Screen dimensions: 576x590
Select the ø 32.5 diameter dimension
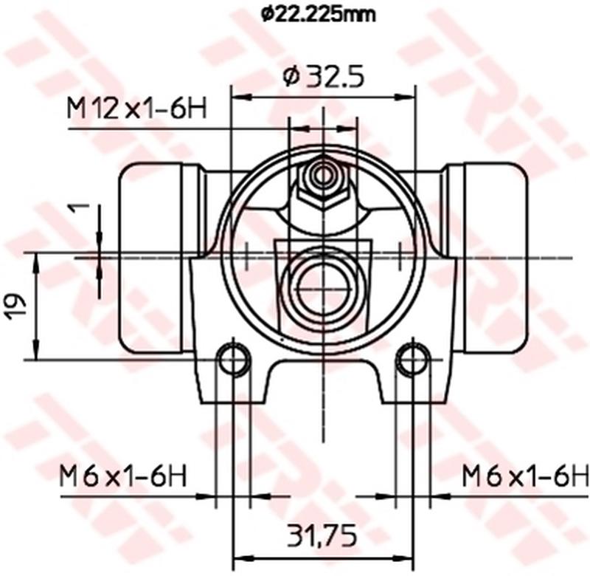[x=324, y=76]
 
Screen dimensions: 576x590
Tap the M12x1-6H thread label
[x=136, y=109]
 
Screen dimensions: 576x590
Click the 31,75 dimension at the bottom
[x=322, y=533]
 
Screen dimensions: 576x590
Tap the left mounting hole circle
[x=235, y=360]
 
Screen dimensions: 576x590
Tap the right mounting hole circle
[x=412, y=360]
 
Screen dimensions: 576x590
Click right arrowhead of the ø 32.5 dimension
[x=408, y=97]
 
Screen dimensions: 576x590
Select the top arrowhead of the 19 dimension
[x=35, y=258]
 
